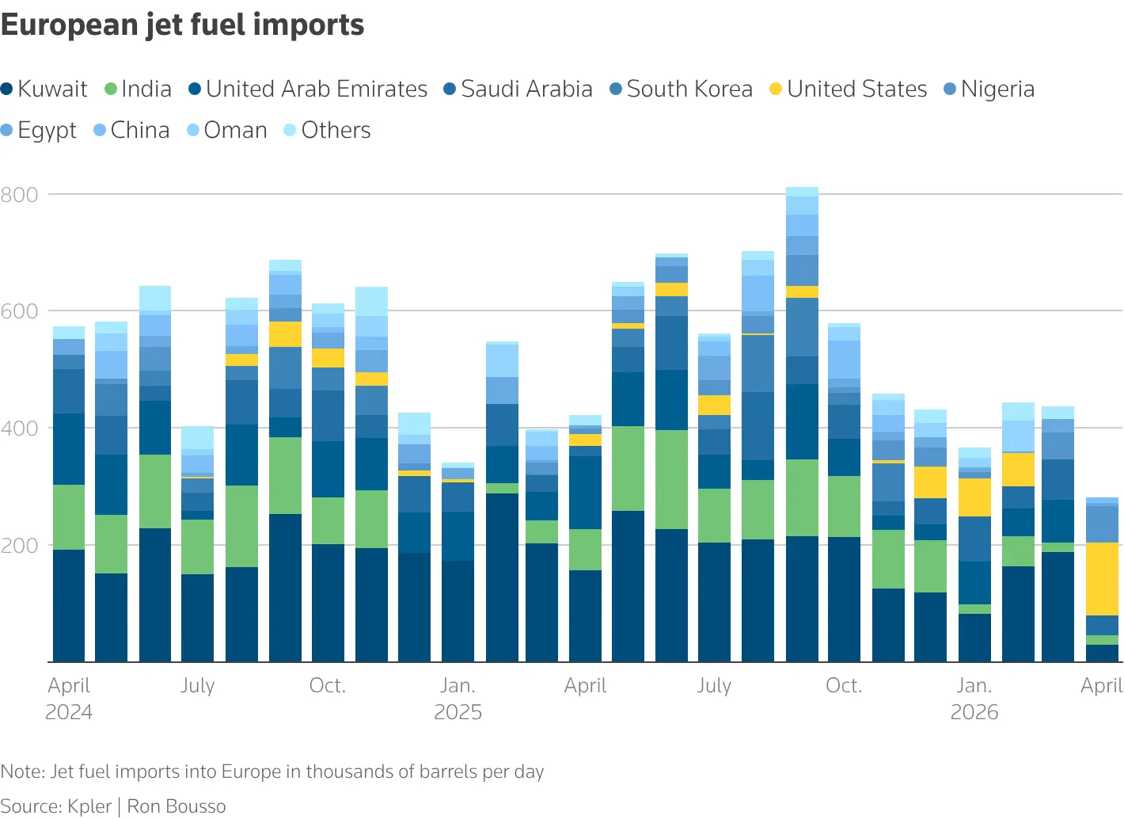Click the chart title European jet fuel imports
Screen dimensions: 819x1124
coord(182,25)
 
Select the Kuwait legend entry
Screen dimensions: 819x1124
coord(45,89)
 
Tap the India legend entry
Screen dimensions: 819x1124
coord(139,89)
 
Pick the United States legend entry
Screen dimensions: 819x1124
coord(848,89)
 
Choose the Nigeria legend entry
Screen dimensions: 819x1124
coord(989,89)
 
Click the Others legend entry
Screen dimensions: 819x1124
coord(328,130)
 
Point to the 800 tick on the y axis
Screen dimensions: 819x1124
coord(20,195)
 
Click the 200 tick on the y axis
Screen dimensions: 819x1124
coord(20,546)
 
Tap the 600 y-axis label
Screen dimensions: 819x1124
coord(20,311)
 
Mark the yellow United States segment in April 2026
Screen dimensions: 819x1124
coord(1102,579)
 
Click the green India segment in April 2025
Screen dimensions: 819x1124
coord(585,550)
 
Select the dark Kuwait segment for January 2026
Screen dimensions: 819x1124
coord(974,638)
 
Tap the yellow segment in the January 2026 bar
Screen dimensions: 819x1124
coord(974,497)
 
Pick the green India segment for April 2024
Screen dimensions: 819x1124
coord(69,517)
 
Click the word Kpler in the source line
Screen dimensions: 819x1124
coord(89,806)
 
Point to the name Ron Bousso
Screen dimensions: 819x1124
coord(177,806)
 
